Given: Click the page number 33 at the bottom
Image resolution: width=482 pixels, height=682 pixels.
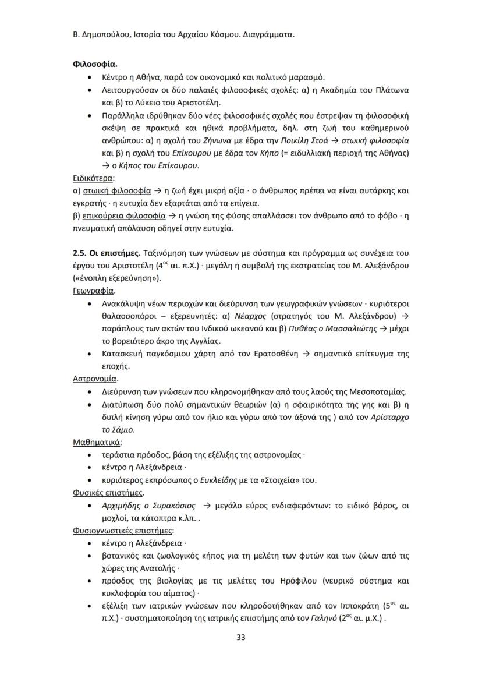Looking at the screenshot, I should [x=241, y=637].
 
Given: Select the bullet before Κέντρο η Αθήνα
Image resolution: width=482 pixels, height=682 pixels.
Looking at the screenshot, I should [x=88, y=77].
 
